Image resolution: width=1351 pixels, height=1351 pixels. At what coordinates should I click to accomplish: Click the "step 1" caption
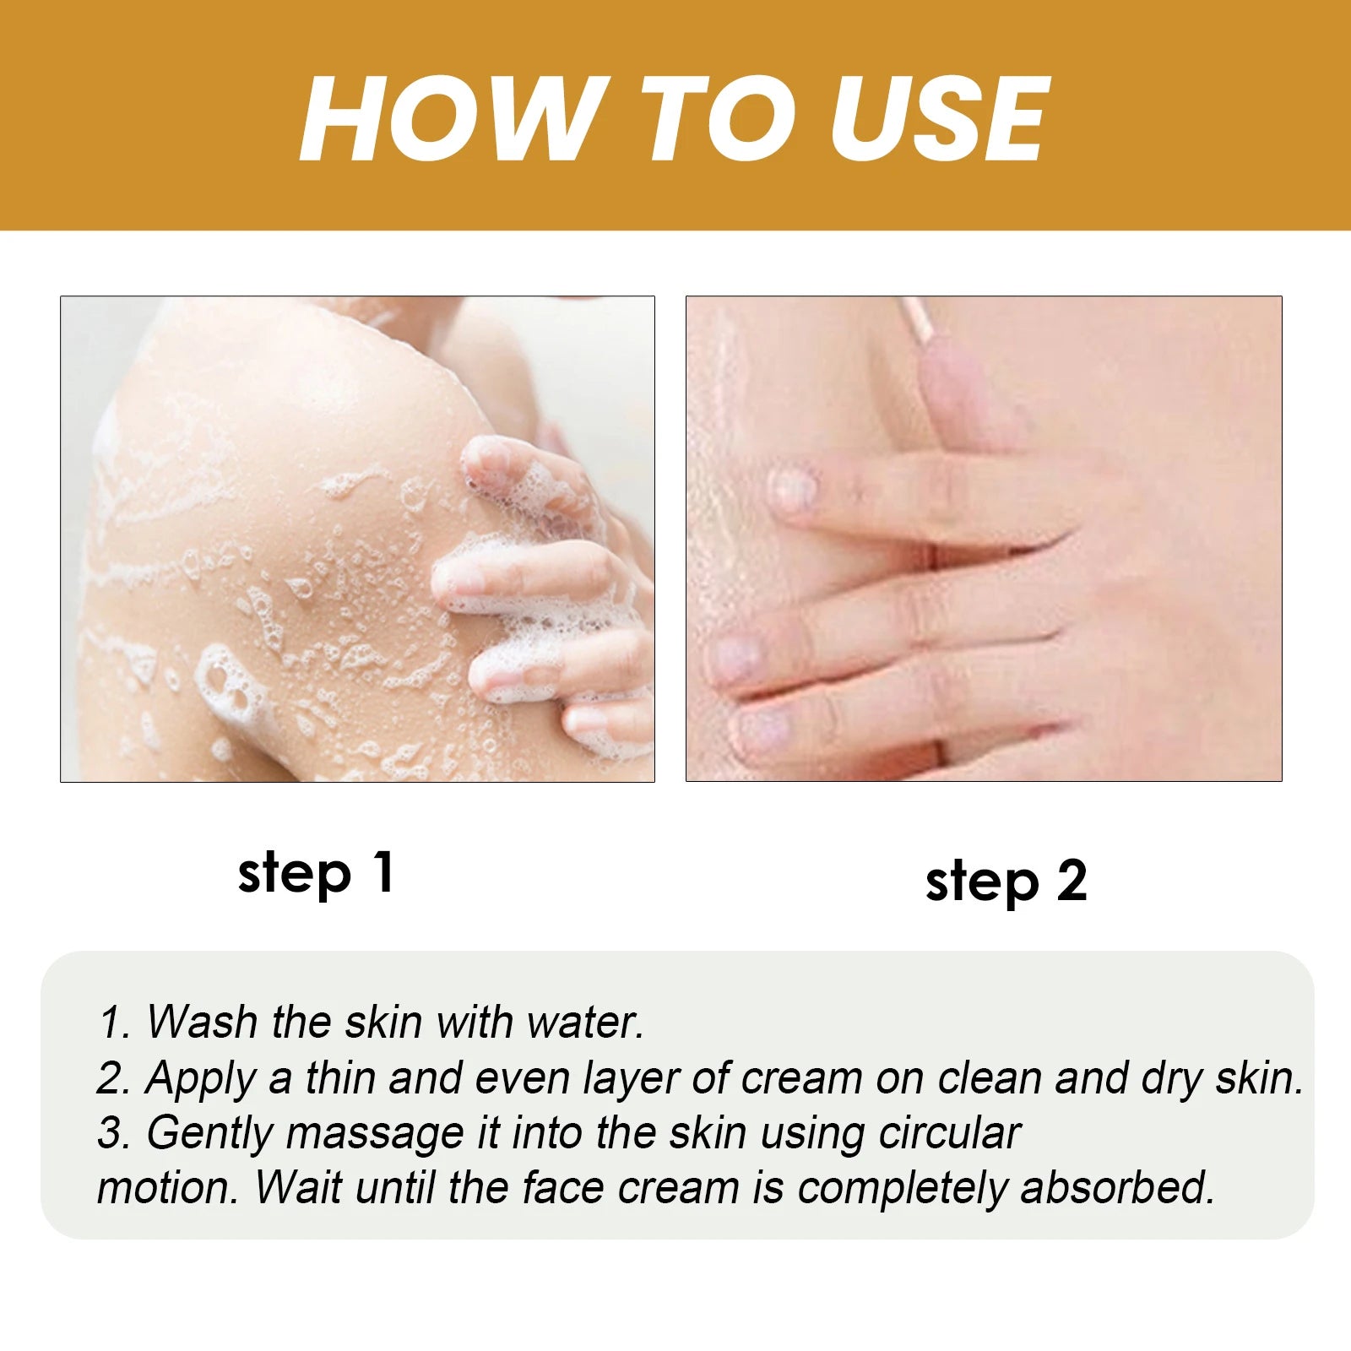coord(316,874)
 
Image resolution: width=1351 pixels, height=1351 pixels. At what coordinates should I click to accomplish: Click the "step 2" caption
coord(1006,882)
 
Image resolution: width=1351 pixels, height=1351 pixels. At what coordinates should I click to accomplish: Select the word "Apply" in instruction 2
coord(200,1079)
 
